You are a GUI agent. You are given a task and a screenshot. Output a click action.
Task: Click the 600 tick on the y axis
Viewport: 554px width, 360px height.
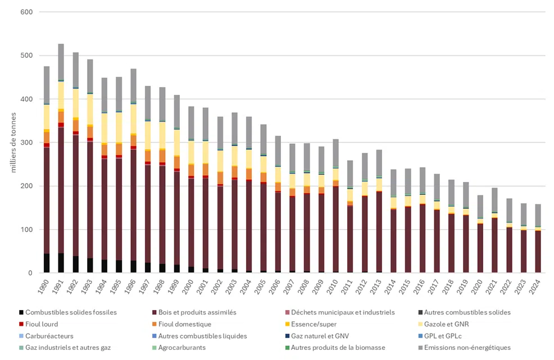26,12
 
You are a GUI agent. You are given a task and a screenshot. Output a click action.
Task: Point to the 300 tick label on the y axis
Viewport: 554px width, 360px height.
26,143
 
